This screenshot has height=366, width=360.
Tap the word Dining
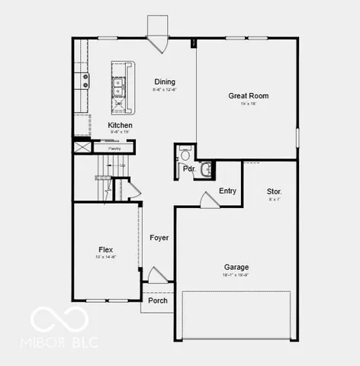coord(165,82)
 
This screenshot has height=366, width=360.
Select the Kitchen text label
coord(120,125)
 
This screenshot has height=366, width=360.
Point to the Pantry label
coord(114,148)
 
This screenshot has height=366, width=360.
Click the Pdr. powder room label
coord(187,169)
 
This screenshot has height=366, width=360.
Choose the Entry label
coord(227,191)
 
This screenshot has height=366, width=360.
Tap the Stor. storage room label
coord(275,191)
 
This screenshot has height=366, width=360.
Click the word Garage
coord(236,267)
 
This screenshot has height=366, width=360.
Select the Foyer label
coord(159,238)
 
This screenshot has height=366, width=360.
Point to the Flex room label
coord(106,249)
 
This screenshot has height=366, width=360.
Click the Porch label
coord(158,300)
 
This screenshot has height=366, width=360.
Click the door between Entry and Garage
coord(207,200)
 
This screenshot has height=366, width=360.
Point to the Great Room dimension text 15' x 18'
coord(249,104)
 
